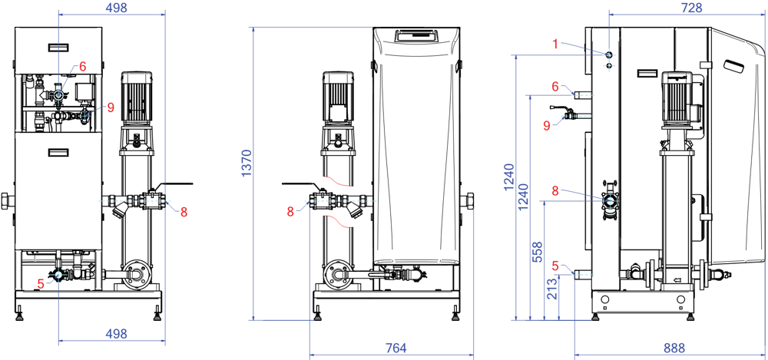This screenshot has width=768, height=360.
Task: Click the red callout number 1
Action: (555, 44)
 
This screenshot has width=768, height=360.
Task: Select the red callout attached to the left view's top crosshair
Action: (82, 66)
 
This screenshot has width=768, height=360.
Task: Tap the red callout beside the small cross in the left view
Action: (111, 107)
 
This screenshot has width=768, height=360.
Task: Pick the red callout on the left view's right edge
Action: (184, 212)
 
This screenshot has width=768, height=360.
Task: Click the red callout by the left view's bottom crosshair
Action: (41, 283)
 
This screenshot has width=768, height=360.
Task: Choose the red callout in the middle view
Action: (290, 211)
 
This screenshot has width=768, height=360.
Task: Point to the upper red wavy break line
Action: (337, 181)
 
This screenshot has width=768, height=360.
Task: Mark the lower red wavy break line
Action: (337, 222)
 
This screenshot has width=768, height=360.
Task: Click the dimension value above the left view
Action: (116, 8)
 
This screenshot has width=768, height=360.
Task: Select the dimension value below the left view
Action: (116, 334)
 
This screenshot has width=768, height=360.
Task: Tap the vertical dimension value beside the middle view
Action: (247, 163)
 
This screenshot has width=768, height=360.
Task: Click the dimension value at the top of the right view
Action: (691, 8)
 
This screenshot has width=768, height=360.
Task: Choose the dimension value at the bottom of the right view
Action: (674, 348)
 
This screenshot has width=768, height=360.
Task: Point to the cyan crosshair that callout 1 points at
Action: (609, 54)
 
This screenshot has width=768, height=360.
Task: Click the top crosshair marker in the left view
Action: (58, 95)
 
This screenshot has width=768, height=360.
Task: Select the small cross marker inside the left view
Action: (84, 116)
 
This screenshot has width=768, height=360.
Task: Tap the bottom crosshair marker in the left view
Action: (58, 274)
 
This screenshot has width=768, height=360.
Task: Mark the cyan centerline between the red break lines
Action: (342, 201)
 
